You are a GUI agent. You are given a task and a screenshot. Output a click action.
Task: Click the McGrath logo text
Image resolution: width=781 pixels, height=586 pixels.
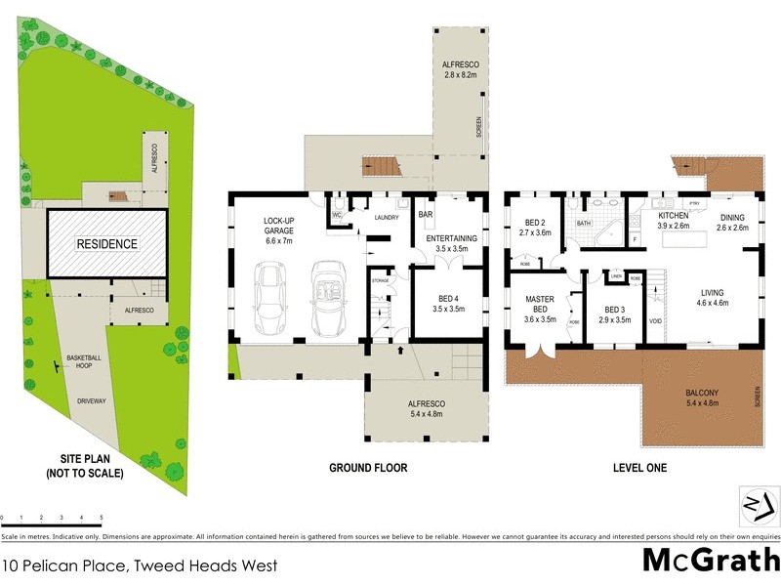point(711,561)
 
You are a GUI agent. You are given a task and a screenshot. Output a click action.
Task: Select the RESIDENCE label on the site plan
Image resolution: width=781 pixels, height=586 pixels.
point(107,244)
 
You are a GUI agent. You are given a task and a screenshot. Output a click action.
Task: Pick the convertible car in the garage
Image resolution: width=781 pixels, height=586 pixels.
point(330,299)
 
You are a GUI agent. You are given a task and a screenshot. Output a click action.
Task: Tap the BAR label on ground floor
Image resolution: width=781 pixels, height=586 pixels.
point(426,214)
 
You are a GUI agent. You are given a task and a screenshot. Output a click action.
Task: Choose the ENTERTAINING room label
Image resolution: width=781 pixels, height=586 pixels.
point(450,238)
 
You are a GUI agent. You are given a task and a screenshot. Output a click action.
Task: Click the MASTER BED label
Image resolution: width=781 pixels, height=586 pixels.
point(540,306)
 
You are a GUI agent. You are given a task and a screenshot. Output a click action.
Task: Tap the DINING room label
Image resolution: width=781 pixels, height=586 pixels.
point(732,221)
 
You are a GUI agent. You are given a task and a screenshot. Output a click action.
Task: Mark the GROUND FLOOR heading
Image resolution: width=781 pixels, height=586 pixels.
point(367,468)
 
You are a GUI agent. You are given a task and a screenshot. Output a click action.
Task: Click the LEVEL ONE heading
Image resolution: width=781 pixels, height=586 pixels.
point(639,468)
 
